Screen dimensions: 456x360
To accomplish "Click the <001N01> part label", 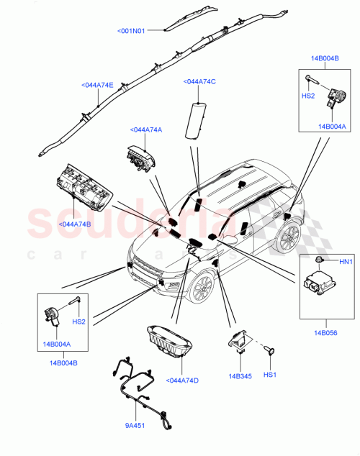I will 131,31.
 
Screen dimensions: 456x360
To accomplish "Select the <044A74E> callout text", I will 96,85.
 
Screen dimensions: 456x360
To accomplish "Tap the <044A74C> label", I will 200,81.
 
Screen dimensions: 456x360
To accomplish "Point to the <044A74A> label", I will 145,129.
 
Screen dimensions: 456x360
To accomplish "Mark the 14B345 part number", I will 240,375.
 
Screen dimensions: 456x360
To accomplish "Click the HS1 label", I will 269,375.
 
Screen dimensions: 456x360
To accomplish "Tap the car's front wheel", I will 202,286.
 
